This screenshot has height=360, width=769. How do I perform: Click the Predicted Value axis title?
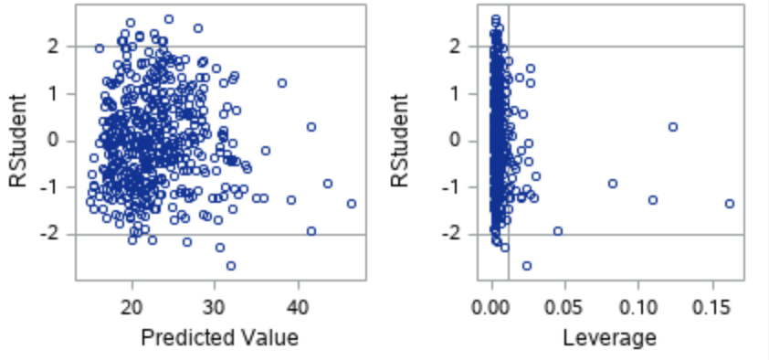[x=219, y=338]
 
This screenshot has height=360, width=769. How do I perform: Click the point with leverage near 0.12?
[x=673, y=127]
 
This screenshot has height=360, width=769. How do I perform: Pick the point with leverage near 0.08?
[x=613, y=184]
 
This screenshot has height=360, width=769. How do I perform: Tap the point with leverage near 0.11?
[x=653, y=200]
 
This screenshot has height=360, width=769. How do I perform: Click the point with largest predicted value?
[x=352, y=204]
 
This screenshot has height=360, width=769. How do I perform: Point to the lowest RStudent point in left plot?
[x=231, y=266]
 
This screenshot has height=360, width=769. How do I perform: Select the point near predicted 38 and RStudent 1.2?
[x=282, y=83]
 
